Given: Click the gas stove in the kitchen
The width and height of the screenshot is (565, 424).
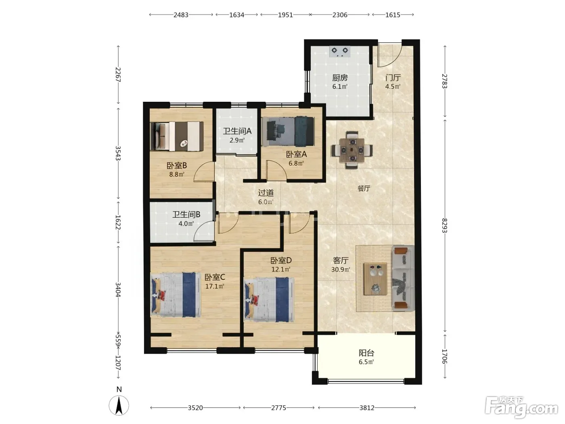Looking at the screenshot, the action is tap(340, 52).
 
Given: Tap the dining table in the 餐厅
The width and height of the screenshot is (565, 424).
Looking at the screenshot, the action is tap(352, 150).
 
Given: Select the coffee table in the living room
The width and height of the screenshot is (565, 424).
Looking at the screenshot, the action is tap(375, 279).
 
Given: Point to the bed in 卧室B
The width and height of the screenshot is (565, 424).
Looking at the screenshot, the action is tap(177, 136).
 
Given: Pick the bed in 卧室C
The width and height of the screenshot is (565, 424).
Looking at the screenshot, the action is tap(176, 294).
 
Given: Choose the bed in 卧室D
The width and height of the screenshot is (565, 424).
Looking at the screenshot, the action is tap(269, 299).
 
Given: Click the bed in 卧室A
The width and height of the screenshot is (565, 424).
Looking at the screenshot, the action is tap(288, 132).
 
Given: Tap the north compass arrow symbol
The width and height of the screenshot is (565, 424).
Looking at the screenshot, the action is tap(119, 406).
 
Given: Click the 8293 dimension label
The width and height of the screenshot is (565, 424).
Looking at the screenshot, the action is tap(445, 225).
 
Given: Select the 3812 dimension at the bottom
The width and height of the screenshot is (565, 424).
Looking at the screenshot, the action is tap(367, 407).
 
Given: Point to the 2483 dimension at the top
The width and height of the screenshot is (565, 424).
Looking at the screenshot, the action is tap(181, 15).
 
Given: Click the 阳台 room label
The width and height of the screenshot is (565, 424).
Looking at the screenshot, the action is tap(366, 353).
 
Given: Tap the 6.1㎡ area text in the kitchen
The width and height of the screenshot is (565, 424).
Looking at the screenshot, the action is tap(340, 86).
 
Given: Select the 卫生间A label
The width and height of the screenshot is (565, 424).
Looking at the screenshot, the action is tap(237, 131).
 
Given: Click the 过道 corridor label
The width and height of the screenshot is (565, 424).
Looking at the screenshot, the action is tap(266, 193).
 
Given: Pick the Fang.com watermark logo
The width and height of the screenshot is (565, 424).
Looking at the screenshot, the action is tap(521, 408).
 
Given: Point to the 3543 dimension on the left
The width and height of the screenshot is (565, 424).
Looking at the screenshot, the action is tap(118, 153).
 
